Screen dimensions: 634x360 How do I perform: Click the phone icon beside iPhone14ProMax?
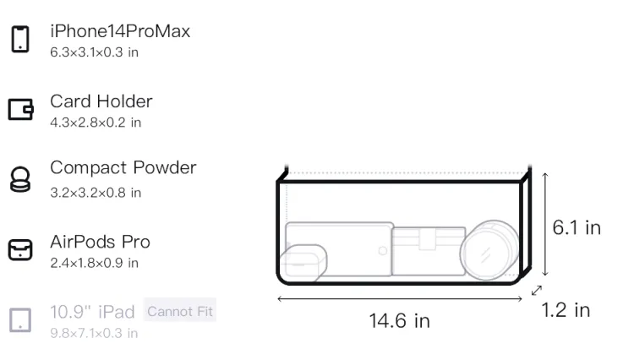click(x=20, y=39)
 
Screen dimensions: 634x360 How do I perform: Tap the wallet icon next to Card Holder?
click(x=20, y=109)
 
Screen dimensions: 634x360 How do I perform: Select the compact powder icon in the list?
click(x=20, y=179)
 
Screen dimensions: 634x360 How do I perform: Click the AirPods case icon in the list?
click(x=20, y=249)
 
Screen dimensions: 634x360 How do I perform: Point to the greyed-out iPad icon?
click(x=20, y=320)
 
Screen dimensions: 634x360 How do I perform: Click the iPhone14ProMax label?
click(x=120, y=31)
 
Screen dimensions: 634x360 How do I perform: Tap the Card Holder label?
click(x=101, y=101)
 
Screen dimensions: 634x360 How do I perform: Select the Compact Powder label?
click(x=123, y=167)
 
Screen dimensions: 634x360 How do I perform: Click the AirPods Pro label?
click(x=101, y=242)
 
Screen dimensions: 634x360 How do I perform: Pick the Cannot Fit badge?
click(x=180, y=311)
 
